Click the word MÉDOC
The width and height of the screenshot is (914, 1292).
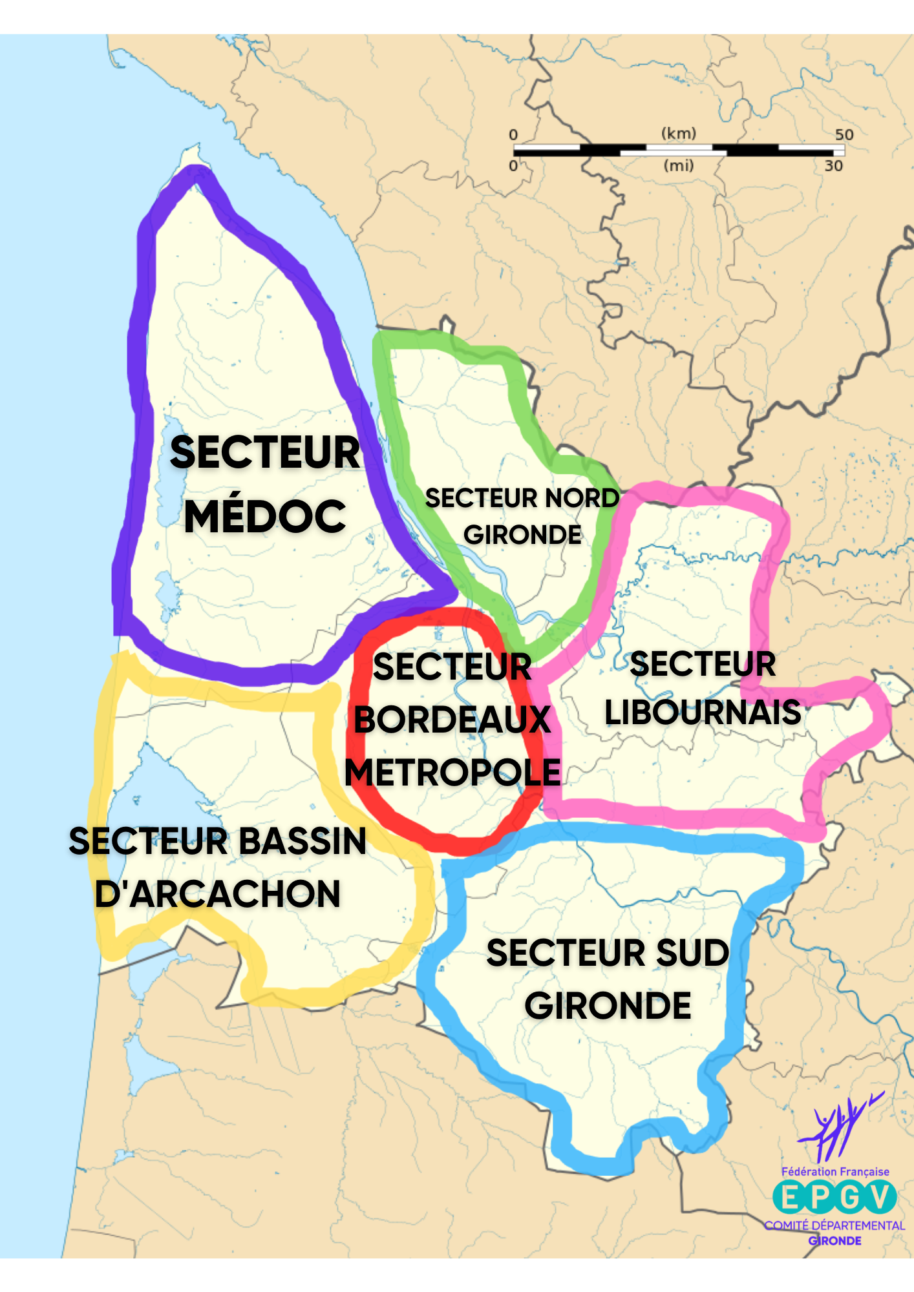pyautogui.click(x=265, y=516)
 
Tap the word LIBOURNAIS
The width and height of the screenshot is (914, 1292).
pyautogui.click(x=703, y=713)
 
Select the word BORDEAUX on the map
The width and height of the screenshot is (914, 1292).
pyautogui.click(x=452, y=720)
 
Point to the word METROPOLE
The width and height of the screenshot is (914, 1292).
pyautogui.click(x=452, y=772)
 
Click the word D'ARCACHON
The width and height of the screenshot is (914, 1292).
pyautogui.click(x=218, y=894)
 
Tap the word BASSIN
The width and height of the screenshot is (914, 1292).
pyautogui.click(x=303, y=841)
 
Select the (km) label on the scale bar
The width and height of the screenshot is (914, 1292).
pyautogui.click(x=678, y=133)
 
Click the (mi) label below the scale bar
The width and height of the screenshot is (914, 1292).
pyautogui.click(x=678, y=165)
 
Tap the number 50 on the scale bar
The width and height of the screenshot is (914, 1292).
pyautogui.click(x=844, y=134)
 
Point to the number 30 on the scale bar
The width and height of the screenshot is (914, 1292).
pyautogui.click(x=833, y=166)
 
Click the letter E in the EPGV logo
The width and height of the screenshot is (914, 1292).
pyautogui.click(x=789, y=1198)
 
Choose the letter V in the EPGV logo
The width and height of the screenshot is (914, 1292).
pyautogui.click(x=880, y=1198)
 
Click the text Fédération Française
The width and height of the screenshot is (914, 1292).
pyautogui.click(x=835, y=1172)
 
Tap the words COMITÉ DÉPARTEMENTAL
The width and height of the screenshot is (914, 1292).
pyautogui.click(x=834, y=1225)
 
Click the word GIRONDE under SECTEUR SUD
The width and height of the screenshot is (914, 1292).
pyautogui.click(x=608, y=1006)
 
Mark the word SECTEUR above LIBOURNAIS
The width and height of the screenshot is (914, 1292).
pyautogui.click(x=703, y=664)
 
